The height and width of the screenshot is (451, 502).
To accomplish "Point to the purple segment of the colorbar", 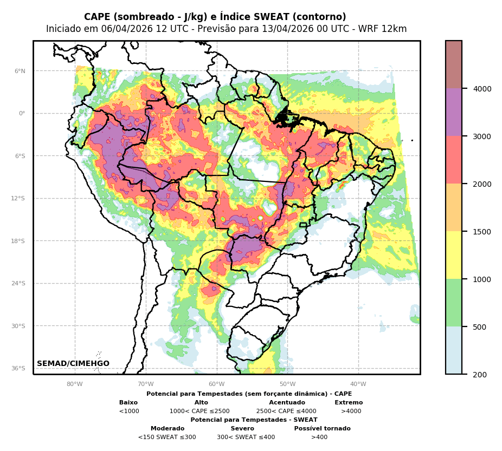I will pyautogui.click(x=454, y=112).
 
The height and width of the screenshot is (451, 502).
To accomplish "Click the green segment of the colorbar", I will pyautogui.click(x=454, y=303).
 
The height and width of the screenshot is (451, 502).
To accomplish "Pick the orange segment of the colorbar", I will pyautogui.click(x=454, y=207).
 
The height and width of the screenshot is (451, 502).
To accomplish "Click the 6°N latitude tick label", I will pyautogui.click(x=20, y=71).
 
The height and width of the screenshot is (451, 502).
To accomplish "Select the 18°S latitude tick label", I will pyautogui.click(x=18, y=241).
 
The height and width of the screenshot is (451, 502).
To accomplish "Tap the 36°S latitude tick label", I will pyautogui.click(x=18, y=368).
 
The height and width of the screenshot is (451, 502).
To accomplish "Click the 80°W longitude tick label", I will pyautogui.click(x=75, y=384).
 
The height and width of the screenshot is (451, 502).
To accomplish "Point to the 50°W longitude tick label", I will pyautogui.click(x=287, y=384).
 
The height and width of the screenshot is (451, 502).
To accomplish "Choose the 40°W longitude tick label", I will pyautogui.click(x=358, y=384).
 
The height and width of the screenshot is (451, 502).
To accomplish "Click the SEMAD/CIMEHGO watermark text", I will pyautogui.click(x=73, y=364).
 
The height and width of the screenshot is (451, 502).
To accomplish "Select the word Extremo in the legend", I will pyautogui.click(x=349, y=403).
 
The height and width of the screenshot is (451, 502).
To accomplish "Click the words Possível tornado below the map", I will pyautogui.click(x=322, y=429).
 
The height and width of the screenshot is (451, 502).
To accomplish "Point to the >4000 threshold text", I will pyautogui.click(x=351, y=411).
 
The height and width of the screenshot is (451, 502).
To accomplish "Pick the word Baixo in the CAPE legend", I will pyautogui.click(x=128, y=403).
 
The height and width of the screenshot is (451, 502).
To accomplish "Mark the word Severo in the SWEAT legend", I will pyautogui.click(x=242, y=429).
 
